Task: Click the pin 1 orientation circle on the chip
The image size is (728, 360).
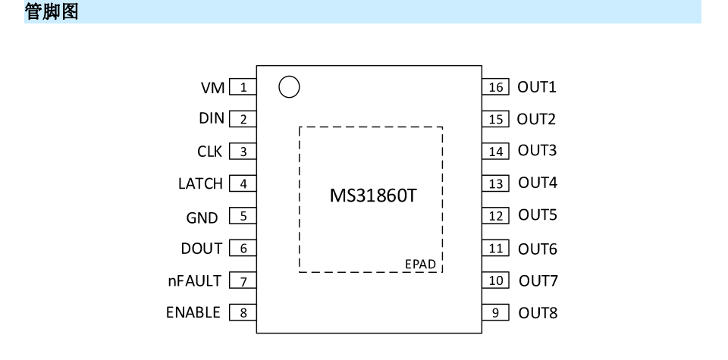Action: pos(289,87)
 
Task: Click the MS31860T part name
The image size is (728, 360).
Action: pos(372,196)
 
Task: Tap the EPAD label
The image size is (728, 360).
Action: pos(420,264)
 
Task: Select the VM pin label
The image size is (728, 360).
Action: pos(212,88)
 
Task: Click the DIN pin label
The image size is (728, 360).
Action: pos(212,119)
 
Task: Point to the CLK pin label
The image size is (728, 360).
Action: pos(210,152)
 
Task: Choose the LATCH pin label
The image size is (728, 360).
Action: pos(200,183)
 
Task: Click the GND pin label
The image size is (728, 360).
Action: pos(202,218)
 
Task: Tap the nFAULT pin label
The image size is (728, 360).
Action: pos(194,281)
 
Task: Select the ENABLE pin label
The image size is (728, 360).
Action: pos(193,312)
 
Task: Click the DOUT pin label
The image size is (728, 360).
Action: pos(202,249)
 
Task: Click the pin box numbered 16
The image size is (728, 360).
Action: pos(496,87)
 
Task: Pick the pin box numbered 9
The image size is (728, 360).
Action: pos(496,312)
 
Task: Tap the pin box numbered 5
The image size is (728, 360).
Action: pos(243,217)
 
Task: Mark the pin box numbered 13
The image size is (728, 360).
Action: pos(496,183)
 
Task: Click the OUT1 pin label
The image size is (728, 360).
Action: pos(537,87)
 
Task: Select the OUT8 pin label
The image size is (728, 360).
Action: pos(538,312)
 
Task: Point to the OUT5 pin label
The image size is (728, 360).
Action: pos(538,215)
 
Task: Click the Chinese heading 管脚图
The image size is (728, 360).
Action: pos(52,11)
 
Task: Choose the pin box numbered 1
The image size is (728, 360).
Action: pos(243,87)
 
